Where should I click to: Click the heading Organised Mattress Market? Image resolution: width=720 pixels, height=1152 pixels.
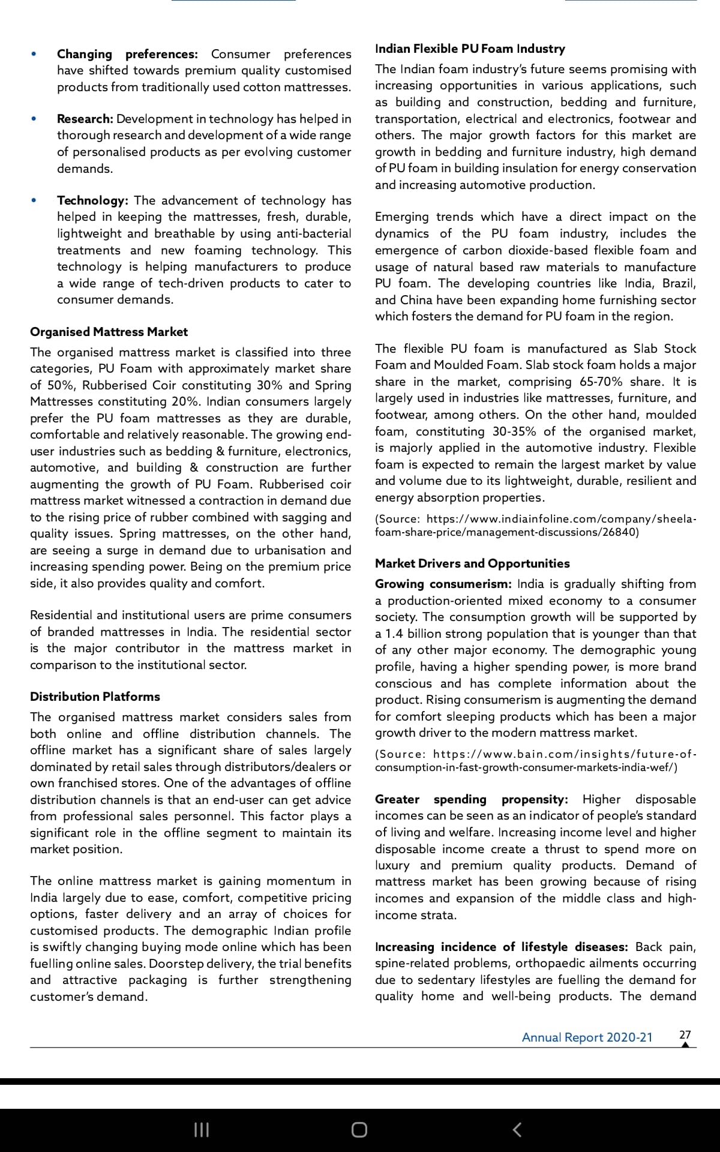coord(109,332)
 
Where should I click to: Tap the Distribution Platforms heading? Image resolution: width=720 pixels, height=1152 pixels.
coord(95,697)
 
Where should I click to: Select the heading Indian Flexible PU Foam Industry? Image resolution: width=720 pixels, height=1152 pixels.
coord(470,49)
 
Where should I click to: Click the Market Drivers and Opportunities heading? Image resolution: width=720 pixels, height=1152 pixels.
coord(472,563)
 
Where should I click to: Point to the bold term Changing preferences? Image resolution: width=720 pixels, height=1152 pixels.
coord(127,54)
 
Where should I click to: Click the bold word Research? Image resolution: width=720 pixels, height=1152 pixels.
coord(85,119)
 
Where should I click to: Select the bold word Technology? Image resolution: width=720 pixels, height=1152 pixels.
coord(92,200)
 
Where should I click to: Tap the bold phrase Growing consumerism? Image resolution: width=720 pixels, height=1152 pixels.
coord(443,584)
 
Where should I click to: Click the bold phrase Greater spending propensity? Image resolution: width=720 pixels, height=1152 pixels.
coord(471,799)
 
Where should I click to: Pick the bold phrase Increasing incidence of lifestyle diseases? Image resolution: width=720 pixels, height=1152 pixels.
coord(501,947)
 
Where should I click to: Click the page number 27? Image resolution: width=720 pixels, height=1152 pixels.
coord(685,1034)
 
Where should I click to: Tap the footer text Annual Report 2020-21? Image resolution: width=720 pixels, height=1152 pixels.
coord(587,1037)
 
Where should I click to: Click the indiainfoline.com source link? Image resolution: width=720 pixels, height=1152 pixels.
coord(535,525)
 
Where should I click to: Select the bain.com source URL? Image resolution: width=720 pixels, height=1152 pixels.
coord(535,760)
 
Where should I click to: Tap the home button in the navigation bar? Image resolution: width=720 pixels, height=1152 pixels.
coord(359,1130)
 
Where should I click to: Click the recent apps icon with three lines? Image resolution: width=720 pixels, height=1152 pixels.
coord(202,1130)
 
